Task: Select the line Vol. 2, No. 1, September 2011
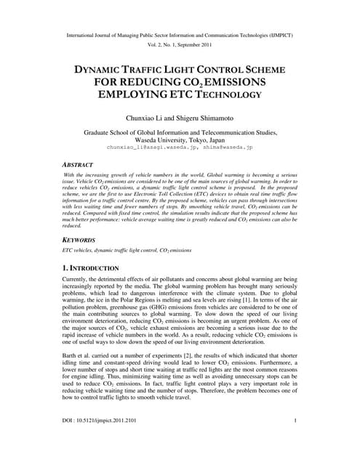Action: (x=180, y=44)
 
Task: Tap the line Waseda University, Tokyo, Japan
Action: (x=180, y=142)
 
